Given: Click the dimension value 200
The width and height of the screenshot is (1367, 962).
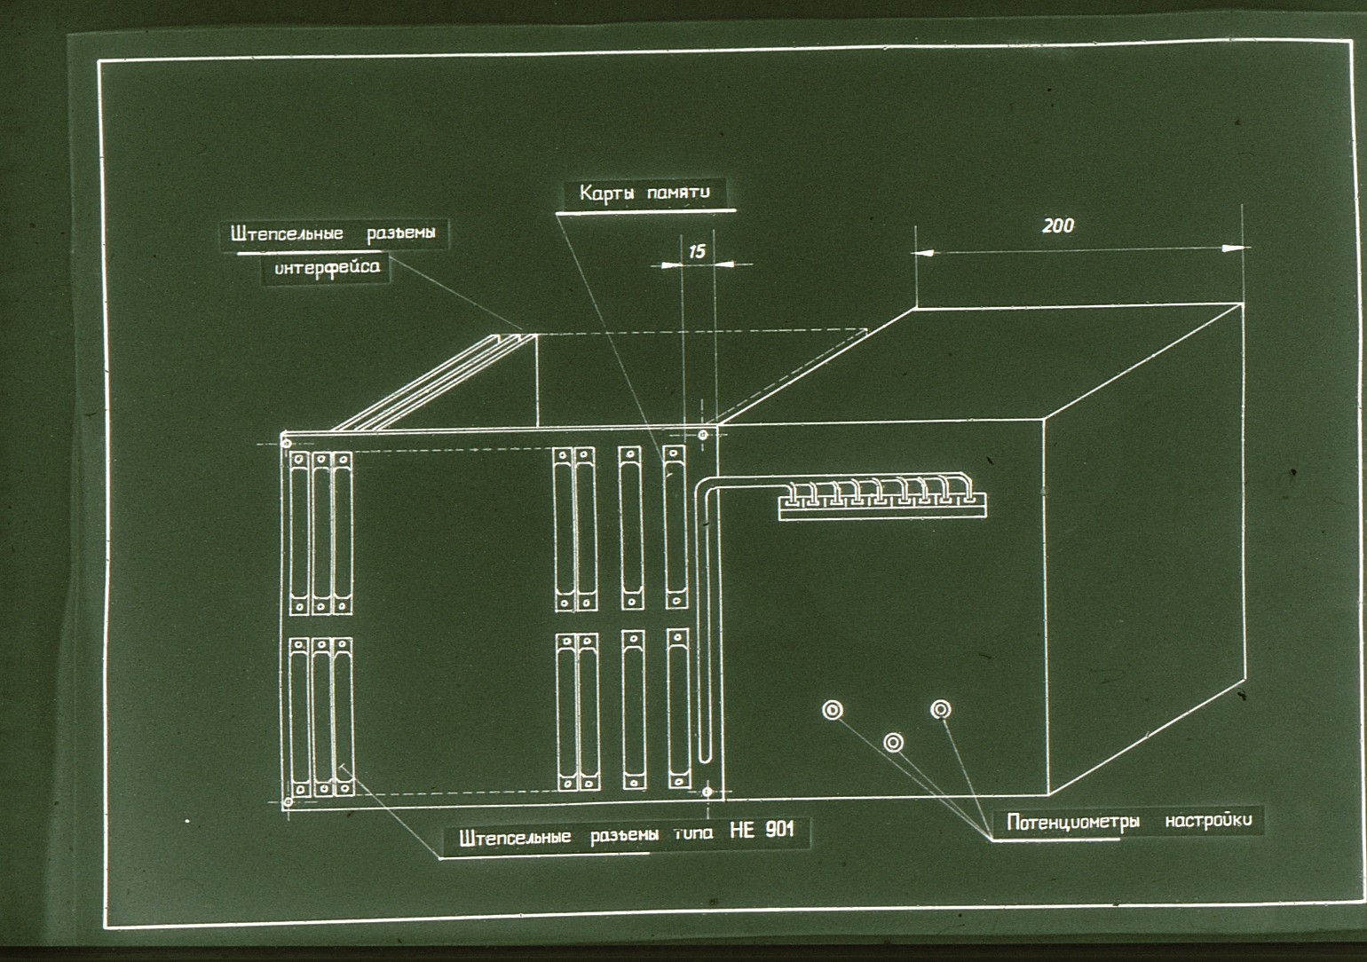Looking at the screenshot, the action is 1057,225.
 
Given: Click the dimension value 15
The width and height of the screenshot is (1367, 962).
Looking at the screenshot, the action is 697,251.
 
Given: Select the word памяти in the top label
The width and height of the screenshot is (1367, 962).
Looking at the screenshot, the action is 678,193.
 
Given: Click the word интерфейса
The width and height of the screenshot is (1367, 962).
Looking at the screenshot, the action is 327,267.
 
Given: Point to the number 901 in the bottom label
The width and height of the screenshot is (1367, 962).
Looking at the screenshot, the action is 780,829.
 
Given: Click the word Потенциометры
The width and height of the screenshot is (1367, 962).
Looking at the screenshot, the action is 1073,823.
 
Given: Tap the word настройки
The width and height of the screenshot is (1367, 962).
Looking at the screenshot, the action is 1208,820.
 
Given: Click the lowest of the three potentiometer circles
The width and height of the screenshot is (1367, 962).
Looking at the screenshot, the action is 893,743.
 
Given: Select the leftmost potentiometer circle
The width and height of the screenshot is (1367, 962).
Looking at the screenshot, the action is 833,710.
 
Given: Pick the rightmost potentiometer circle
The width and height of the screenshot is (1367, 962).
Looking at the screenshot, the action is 940,709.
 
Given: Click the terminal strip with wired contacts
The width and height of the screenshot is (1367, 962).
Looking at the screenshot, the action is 881,505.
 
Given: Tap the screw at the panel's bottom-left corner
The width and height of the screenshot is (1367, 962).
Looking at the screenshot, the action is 288,801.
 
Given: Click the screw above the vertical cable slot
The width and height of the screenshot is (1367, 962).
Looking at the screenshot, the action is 703,435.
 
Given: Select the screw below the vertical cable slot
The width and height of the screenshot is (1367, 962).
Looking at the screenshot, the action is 707,792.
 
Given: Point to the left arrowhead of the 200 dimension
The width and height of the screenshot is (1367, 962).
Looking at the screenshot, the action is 923,252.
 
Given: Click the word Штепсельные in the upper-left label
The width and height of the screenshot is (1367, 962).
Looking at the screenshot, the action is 287,234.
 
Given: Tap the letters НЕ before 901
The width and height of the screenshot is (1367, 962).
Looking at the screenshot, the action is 742,830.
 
